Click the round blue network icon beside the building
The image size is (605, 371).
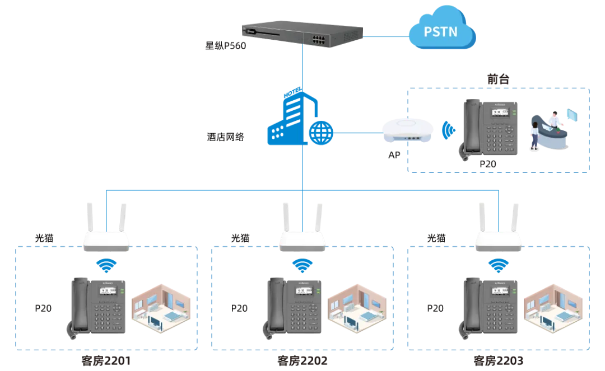pyautogui.click(x=322, y=133)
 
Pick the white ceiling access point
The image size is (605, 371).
pyautogui.click(x=408, y=130)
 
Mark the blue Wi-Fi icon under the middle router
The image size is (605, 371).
pyautogui.click(x=302, y=264)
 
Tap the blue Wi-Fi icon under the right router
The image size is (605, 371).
pyautogui.click(x=499, y=264)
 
